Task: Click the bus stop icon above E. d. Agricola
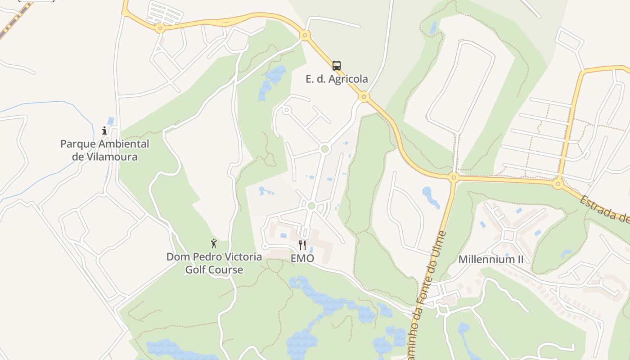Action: (337, 66)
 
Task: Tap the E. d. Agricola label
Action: (337, 79)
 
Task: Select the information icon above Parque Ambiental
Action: (104, 130)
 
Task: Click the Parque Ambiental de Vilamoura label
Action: (105, 150)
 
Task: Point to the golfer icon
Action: (214, 243)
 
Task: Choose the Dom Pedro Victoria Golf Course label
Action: (214, 263)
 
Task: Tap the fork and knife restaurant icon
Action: (302, 245)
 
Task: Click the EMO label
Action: (302, 258)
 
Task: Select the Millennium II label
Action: (491, 259)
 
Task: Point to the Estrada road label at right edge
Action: (605, 209)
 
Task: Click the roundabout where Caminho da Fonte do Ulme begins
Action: (453, 177)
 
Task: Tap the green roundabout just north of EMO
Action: (311, 206)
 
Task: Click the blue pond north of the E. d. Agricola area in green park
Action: (272, 81)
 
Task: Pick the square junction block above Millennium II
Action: (509, 235)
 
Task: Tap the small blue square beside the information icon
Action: (111, 121)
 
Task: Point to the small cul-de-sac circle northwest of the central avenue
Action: (286, 109)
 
